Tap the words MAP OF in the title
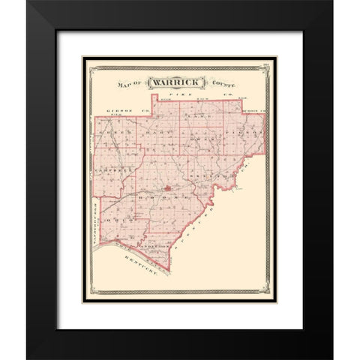coord(128,85)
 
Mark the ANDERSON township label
coord(151,245)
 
